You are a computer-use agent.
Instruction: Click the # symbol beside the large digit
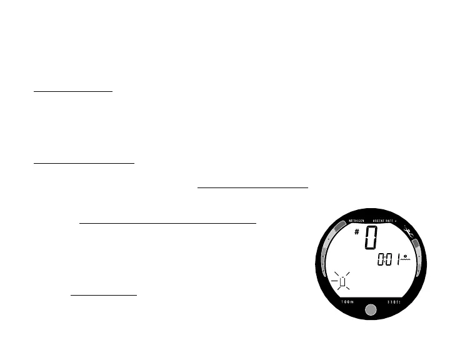pos(357,232)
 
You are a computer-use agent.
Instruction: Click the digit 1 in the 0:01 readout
pos(396,259)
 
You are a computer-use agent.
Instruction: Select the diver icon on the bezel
pos(411,236)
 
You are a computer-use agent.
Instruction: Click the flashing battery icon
pos(341,282)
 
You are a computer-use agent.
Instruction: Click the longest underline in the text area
pos(168,222)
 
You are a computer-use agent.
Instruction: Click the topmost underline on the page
pos(73,91)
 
